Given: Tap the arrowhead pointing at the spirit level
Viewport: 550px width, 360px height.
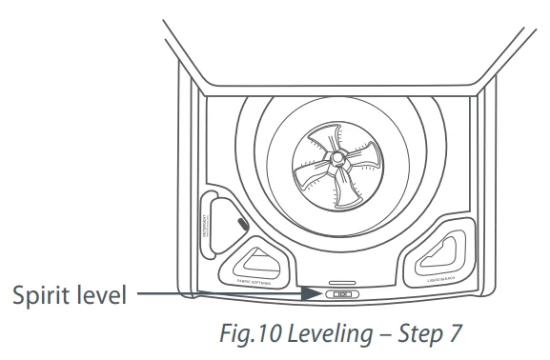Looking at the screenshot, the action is (315, 294).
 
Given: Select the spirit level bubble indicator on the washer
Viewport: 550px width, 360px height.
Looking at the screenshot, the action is (340, 295).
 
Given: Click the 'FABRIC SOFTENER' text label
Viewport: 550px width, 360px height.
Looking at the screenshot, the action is (248, 280).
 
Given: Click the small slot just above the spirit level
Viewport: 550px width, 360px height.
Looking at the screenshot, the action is (339, 283).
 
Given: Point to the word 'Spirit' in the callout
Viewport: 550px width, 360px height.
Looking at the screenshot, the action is (38, 295).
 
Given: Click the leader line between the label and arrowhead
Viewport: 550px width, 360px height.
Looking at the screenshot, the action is (219, 294).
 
